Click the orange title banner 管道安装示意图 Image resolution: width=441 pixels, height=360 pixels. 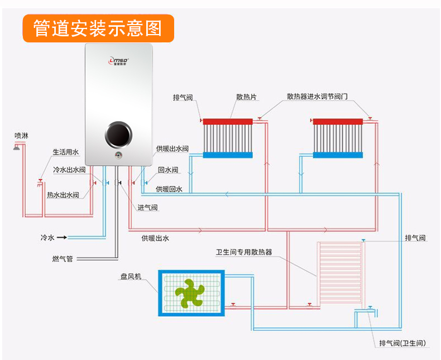tap(98, 28)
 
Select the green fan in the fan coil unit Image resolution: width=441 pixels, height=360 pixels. tap(190, 293)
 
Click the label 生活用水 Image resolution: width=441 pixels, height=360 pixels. tap(66, 152)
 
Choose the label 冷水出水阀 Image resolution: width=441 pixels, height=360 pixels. tap(69, 170)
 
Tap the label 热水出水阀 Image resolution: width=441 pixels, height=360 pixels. tap(63, 195)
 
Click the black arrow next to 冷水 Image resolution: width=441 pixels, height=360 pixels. tap(62, 238)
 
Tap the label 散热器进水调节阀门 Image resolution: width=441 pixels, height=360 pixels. tap(317, 97)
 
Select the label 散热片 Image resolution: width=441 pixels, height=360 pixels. tap(246, 97)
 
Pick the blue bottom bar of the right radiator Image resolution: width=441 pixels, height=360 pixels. tap(339, 155)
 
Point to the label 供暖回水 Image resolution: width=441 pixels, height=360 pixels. tap(169, 189)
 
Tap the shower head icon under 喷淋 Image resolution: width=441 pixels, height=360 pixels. tap(18, 146)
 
